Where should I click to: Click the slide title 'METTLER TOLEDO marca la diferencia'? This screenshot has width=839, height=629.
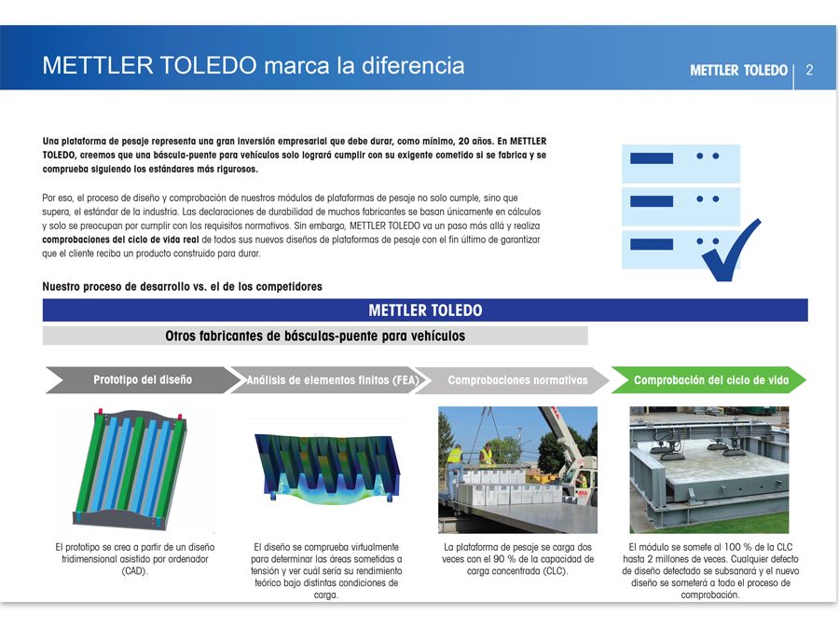pos(253,66)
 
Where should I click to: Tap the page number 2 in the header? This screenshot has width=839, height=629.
pos(809,70)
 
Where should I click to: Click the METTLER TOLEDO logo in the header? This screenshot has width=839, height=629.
pos(738,70)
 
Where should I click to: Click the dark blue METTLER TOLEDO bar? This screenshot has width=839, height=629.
pos(425,310)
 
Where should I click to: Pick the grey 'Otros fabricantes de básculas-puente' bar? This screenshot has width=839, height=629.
pos(315,335)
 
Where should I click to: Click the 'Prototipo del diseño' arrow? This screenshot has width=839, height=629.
pos(143,380)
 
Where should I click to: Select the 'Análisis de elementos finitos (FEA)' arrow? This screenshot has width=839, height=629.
pos(332,380)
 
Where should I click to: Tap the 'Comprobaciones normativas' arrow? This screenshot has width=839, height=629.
pos(516,380)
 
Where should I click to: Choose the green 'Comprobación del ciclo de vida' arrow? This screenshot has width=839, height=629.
pos(710,380)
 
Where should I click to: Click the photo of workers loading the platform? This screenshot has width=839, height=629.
pos(517,469)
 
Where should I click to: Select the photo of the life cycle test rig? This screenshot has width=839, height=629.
pos(708,469)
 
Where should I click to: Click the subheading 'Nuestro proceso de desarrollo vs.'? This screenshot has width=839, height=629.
pos(183,286)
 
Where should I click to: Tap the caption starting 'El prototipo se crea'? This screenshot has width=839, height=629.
pos(135,558)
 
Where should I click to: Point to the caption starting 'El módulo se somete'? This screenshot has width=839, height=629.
pos(709,570)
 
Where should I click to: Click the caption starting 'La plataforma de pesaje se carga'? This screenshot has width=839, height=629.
pos(517,558)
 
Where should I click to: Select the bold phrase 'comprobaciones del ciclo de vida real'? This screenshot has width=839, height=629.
pos(119,239)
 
